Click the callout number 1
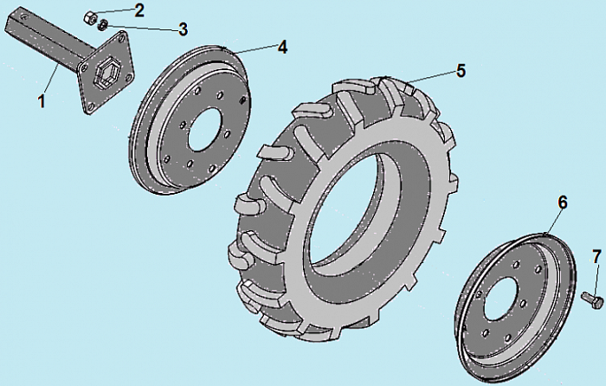click(41, 102)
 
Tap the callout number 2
click(140, 10)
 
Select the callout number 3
click(183, 29)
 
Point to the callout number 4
click(281, 48)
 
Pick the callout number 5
click(461, 71)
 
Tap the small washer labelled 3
click(101, 25)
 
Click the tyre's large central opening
click(346, 229)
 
